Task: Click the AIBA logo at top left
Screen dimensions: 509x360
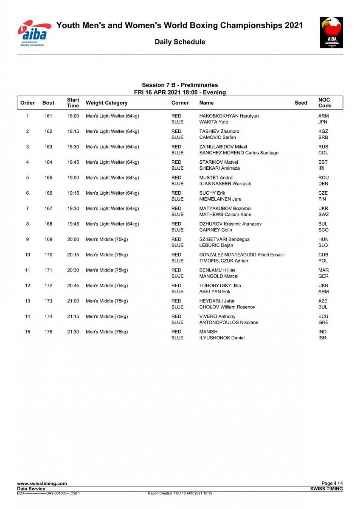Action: [x=34, y=33]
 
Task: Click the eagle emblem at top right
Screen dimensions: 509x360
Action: [x=331, y=32]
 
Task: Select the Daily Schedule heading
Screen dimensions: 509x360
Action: [x=180, y=42]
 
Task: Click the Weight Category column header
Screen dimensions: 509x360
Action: [x=107, y=103]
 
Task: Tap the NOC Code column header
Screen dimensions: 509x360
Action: [x=325, y=103]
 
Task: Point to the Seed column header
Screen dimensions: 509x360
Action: [x=301, y=103]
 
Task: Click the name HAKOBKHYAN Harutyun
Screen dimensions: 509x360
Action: [x=229, y=116]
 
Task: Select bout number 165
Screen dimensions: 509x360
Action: [x=48, y=178]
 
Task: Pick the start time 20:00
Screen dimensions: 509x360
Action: [x=73, y=239]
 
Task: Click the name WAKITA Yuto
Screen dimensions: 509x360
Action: [x=214, y=122]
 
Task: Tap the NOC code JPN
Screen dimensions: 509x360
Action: [x=323, y=122]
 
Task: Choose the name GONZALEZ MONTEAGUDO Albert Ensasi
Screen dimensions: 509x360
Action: [x=241, y=255]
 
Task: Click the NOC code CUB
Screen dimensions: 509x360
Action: [x=323, y=255]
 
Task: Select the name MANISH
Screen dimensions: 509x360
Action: [x=208, y=332]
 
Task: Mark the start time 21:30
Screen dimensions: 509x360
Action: [x=73, y=332]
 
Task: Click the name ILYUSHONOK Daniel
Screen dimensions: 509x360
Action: [x=222, y=338]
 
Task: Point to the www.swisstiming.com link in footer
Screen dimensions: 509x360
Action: [x=42, y=484]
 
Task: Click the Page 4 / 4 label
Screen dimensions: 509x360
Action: [x=332, y=484]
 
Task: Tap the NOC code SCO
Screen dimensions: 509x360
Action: [x=323, y=230]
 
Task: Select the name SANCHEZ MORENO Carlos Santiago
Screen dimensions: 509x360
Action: [x=239, y=153]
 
